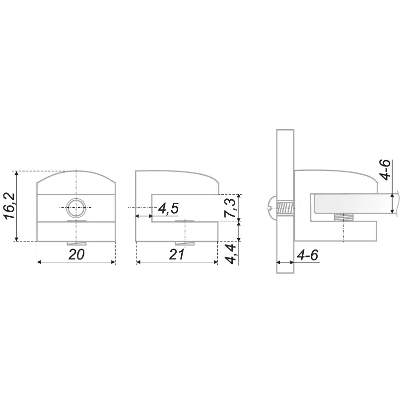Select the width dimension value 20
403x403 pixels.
coord(76,254)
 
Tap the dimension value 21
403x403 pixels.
coord(177,254)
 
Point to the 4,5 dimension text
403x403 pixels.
coord(168,208)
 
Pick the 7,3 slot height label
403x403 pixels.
coord(229,208)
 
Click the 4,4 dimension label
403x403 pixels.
coord(230,254)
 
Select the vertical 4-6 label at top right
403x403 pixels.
coord(385,169)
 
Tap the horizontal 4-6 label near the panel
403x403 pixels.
coord(308,255)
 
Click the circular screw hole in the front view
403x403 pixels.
coord(76,207)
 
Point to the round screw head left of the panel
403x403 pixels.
coord(272,207)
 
